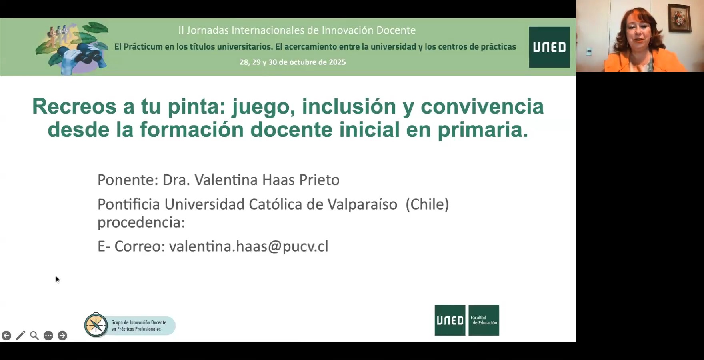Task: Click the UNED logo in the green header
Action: coord(549,47)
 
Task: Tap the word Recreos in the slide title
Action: coord(74,107)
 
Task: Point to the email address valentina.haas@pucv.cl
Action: coord(248,246)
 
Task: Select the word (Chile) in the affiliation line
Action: coord(427,204)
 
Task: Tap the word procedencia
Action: coord(141,222)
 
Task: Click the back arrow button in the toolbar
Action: coord(6,336)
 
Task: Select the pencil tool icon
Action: coord(20,336)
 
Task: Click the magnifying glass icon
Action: coord(34,336)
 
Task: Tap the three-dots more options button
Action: coord(48,336)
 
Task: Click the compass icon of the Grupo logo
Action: coord(96,325)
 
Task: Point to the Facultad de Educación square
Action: coord(484,320)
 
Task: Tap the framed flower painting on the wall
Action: coord(679,18)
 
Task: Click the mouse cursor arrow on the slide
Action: coord(57,279)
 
